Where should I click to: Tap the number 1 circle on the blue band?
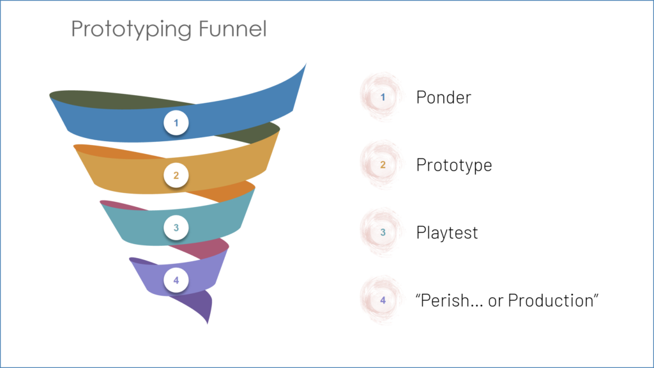[176, 122]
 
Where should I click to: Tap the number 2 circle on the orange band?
[176, 174]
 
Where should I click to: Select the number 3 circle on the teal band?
[176, 227]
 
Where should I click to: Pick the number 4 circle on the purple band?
[176, 279]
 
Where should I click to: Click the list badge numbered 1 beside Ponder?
[383, 97]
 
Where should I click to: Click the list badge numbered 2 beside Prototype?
[383, 165]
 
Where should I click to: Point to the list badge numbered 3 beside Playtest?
[383, 232]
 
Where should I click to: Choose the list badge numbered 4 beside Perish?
[383, 300]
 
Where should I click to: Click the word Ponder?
[443, 98]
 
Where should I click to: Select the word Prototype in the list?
[453, 165]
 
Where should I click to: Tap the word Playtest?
[446, 233]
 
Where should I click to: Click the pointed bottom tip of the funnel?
[208, 321]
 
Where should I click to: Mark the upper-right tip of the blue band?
[305, 65]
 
